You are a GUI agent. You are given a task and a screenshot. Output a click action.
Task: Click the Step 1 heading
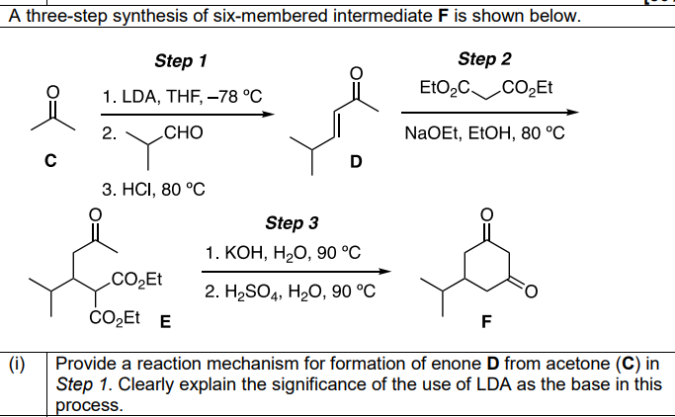pyautogui.click(x=182, y=61)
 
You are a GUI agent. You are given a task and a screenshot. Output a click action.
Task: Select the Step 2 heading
pyautogui.click(x=484, y=59)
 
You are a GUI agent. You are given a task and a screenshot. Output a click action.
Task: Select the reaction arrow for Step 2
pyautogui.click(x=487, y=114)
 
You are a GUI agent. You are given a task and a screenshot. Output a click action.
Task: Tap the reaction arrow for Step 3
pyautogui.click(x=294, y=272)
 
